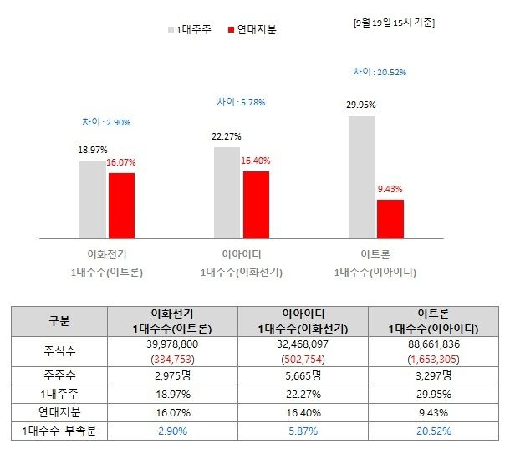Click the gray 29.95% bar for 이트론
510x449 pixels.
coord(361,176)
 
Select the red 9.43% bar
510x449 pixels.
coord(390,218)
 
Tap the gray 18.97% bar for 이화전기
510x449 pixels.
coord(93,199)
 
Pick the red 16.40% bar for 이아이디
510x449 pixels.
coord(256,204)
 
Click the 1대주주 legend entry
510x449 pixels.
coord(191,29)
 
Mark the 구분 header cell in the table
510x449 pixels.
coord(60,321)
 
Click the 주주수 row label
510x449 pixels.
coord(60,375)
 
